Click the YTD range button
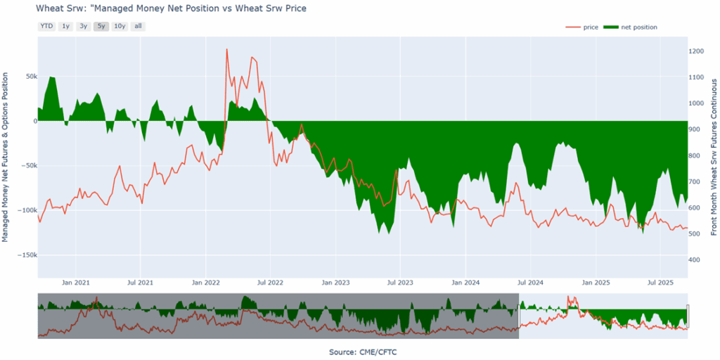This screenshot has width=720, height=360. [x=46, y=27]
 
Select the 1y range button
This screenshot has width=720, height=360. [x=66, y=27]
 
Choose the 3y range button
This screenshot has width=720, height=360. [x=84, y=27]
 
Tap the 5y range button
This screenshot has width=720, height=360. [x=101, y=27]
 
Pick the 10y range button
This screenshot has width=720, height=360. [x=120, y=27]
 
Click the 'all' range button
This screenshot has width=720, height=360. [x=138, y=27]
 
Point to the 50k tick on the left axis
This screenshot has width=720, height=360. [x=29, y=76]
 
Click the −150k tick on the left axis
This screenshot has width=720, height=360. [x=25, y=255]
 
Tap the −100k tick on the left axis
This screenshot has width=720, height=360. [x=25, y=210]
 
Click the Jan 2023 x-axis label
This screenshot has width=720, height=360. [x=336, y=283]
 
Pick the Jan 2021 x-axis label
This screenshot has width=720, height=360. [x=76, y=283]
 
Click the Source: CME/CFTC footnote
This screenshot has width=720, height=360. [x=360, y=351]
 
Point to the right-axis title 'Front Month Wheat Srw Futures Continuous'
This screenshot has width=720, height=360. [x=714, y=152]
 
